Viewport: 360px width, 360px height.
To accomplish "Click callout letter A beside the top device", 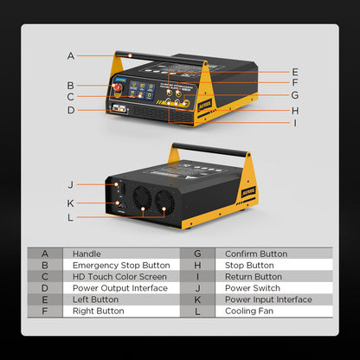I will click(x=71, y=56).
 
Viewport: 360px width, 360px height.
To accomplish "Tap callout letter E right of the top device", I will click(x=295, y=72).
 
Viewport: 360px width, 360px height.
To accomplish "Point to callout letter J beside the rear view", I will click(x=71, y=184).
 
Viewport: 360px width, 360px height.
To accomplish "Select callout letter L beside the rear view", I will click(x=71, y=216).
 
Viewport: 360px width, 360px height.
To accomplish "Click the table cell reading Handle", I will click(x=87, y=254).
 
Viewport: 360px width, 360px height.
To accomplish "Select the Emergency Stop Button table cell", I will click(x=120, y=265).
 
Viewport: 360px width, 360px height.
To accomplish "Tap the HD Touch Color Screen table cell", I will click(x=119, y=276).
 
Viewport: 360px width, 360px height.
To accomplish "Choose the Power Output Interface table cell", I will click(x=119, y=287).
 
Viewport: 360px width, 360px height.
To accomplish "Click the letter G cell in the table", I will click(x=197, y=254).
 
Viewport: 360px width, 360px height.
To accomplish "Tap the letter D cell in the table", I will click(x=45, y=287).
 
